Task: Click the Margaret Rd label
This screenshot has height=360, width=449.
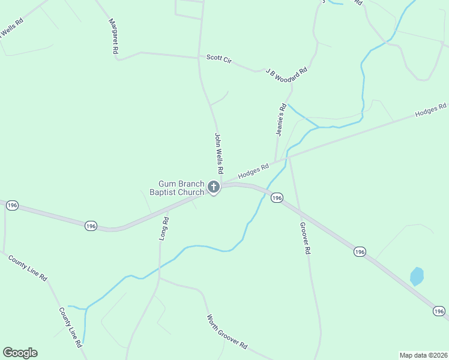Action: (x=112, y=37)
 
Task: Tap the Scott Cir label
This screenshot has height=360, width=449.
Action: (x=218, y=59)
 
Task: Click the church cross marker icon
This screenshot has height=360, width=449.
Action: (x=213, y=188)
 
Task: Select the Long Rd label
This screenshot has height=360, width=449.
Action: (x=164, y=229)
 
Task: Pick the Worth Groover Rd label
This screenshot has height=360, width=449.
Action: (x=227, y=332)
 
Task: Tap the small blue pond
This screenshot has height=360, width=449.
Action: (x=417, y=276)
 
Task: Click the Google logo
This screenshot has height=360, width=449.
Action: (x=20, y=353)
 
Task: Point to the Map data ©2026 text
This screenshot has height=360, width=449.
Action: (x=423, y=355)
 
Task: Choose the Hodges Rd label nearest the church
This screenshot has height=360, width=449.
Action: (x=253, y=171)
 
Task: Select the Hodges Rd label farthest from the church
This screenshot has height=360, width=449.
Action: (x=431, y=110)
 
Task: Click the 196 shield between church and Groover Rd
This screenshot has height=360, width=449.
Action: (x=276, y=197)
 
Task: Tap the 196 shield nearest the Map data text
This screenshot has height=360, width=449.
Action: (x=439, y=311)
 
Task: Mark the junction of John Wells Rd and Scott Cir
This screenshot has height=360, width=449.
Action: (x=199, y=58)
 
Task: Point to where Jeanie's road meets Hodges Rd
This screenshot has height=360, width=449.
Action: (x=276, y=162)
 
